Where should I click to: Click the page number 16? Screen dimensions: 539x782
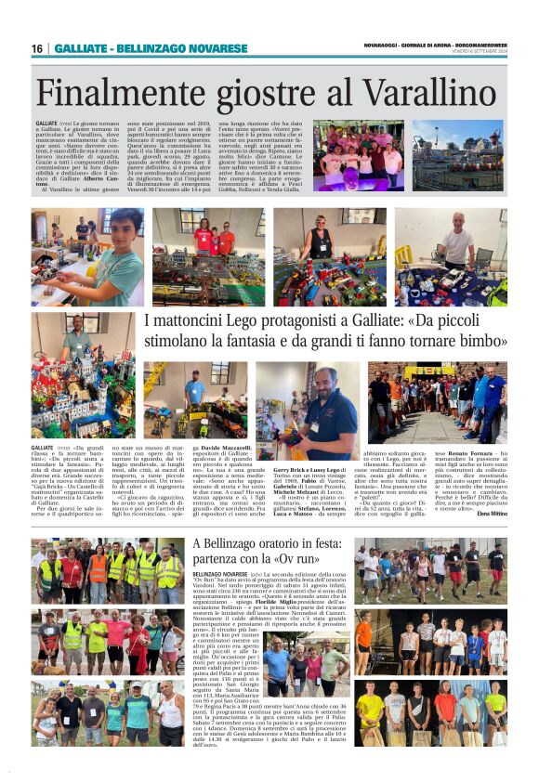pos(37,48)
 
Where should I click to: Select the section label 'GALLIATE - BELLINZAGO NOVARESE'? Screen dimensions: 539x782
pos(151,48)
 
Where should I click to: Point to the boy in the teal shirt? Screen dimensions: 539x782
pos(117,255)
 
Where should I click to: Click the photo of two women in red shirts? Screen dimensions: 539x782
pos(207,255)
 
